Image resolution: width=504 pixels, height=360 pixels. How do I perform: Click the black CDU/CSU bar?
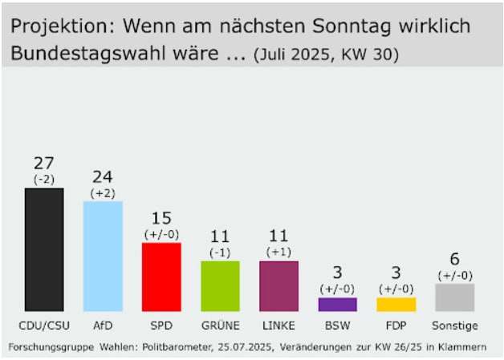tap(44, 249)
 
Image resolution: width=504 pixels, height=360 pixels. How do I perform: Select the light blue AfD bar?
tap(103, 256)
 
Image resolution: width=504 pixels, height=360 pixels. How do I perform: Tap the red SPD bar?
tap(161, 277)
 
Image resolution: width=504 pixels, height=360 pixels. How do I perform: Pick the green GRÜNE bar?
tap(220, 285)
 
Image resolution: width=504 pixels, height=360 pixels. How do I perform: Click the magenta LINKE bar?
tap(278, 285)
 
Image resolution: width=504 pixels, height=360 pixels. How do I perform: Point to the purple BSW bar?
tap(337, 305)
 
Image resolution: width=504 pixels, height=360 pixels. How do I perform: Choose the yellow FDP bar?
tap(396, 305)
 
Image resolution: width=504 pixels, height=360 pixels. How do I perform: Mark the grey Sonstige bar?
tap(454, 297)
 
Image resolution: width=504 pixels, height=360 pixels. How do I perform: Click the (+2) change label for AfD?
tap(103, 193)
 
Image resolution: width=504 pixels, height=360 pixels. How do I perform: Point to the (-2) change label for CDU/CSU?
tap(44, 180)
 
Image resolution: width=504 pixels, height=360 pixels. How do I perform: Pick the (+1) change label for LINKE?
tap(278, 252)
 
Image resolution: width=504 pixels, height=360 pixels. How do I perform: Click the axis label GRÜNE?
tap(220, 326)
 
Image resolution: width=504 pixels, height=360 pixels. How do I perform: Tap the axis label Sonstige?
tap(454, 326)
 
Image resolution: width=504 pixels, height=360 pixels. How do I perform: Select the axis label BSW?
tap(337, 326)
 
